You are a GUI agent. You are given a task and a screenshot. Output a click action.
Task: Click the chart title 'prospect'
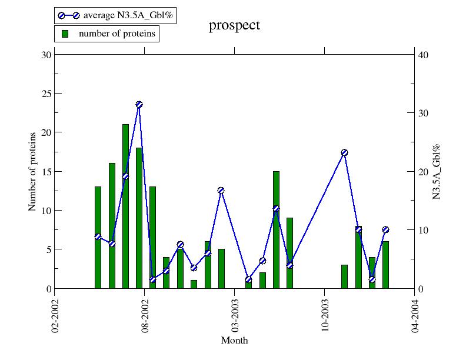234,25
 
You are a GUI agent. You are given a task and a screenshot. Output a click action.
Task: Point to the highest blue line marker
139,105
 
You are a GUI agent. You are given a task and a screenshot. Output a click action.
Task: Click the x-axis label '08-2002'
145,311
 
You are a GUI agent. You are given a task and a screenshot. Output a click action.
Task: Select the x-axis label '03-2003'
235,311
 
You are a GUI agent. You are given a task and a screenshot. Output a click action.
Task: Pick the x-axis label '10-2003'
325,311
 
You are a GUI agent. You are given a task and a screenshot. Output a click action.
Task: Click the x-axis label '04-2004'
415,311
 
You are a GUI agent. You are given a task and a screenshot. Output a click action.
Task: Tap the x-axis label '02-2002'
55,311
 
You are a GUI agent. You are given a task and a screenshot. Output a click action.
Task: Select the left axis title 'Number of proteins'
32,171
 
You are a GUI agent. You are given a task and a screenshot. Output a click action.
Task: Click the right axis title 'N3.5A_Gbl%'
437,171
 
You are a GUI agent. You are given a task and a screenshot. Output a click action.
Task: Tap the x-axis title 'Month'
234,341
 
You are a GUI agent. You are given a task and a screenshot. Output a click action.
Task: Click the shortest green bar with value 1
194,284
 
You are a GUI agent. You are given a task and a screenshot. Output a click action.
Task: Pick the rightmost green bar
385,265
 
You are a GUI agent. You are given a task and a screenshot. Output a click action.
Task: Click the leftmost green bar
98,238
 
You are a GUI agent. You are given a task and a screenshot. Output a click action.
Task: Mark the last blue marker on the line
385,229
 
